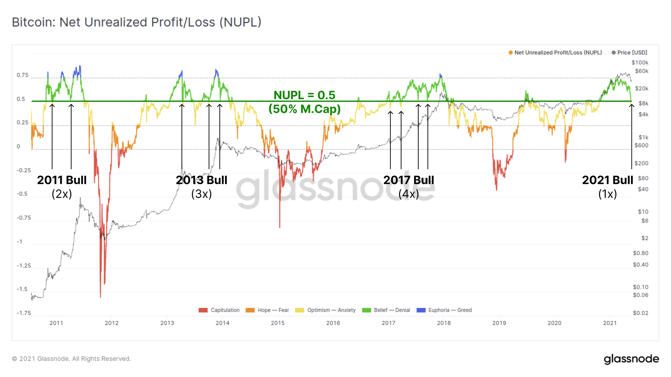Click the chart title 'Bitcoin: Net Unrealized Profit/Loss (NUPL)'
(x=136, y=22)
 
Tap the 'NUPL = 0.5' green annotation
(x=304, y=95)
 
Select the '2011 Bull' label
(x=62, y=180)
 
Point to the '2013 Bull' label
(x=202, y=180)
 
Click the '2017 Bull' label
(x=408, y=180)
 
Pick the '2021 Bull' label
(x=607, y=180)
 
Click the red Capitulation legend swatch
(x=203, y=310)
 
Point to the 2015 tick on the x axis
(x=278, y=323)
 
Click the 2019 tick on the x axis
(x=499, y=323)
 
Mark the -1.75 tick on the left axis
(x=24, y=313)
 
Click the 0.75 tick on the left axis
(x=23, y=75)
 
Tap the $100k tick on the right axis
(x=640, y=63)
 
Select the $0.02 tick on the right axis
(x=641, y=313)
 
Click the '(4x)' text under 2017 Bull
(x=408, y=194)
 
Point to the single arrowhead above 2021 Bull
(x=632, y=105)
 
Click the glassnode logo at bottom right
(x=631, y=359)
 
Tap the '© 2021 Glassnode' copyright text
(x=71, y=359)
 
